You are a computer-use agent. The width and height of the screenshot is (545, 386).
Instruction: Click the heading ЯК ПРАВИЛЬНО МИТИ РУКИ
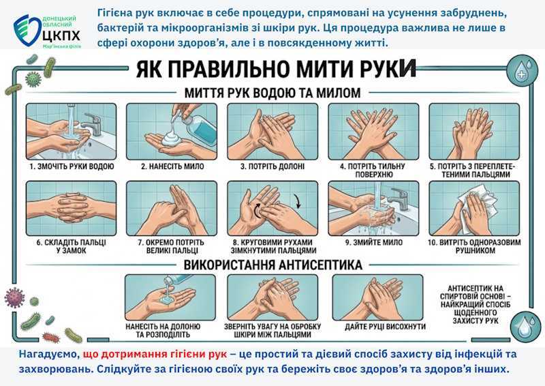(276, 70)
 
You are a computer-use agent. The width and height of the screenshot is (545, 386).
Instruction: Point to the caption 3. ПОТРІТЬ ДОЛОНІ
(272, 166)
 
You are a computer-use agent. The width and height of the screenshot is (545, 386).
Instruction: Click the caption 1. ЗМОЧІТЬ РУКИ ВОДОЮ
(72, 166)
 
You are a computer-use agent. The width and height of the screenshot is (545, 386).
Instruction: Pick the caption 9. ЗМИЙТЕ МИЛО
(373, 242)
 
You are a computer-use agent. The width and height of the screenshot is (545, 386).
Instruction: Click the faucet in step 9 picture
(399, 198)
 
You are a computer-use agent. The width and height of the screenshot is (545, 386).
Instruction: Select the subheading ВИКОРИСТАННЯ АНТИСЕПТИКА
(273, 265)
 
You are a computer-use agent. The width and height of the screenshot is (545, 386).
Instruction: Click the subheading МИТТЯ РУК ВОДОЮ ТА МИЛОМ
(272, 93)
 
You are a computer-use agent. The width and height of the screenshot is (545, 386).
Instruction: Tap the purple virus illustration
(14, 298)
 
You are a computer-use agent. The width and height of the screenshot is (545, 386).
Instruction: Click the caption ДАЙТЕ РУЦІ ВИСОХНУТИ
(385, 327)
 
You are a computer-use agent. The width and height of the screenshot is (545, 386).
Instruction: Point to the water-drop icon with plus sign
(522, 70)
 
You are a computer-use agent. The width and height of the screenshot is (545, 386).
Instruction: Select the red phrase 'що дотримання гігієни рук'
(155, 355)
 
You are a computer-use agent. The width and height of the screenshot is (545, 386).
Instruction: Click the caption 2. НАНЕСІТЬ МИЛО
(172, 166)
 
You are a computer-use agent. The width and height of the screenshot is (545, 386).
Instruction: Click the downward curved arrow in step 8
(296, 201)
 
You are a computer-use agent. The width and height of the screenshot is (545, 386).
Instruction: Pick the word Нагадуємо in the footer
(49, 355)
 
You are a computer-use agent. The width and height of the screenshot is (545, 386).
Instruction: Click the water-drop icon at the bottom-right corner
(524, 326)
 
